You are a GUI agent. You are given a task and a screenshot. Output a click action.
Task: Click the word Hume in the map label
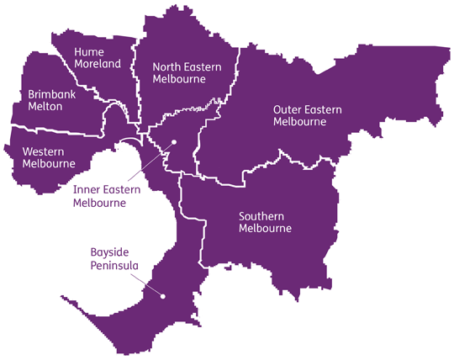point(89,51)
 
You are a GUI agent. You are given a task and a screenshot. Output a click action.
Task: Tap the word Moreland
point(98,63)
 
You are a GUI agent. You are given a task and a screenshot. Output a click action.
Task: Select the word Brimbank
point(51,95)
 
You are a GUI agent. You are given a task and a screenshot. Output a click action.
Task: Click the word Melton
point(45,108)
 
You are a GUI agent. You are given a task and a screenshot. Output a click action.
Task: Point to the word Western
point(44,151)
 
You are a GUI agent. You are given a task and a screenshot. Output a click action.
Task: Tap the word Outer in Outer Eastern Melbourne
point(288,109)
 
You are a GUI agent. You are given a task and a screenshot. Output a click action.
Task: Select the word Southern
point(262,216)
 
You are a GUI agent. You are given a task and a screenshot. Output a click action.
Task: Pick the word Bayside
point(108,253)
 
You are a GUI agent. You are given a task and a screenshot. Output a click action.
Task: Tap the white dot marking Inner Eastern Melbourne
point(173,142)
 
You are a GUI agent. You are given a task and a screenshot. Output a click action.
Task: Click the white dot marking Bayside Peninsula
point(162,296)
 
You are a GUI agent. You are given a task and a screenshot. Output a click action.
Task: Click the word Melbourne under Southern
point(265,229)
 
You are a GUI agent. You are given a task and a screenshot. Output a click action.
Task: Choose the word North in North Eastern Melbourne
point(166,66)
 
